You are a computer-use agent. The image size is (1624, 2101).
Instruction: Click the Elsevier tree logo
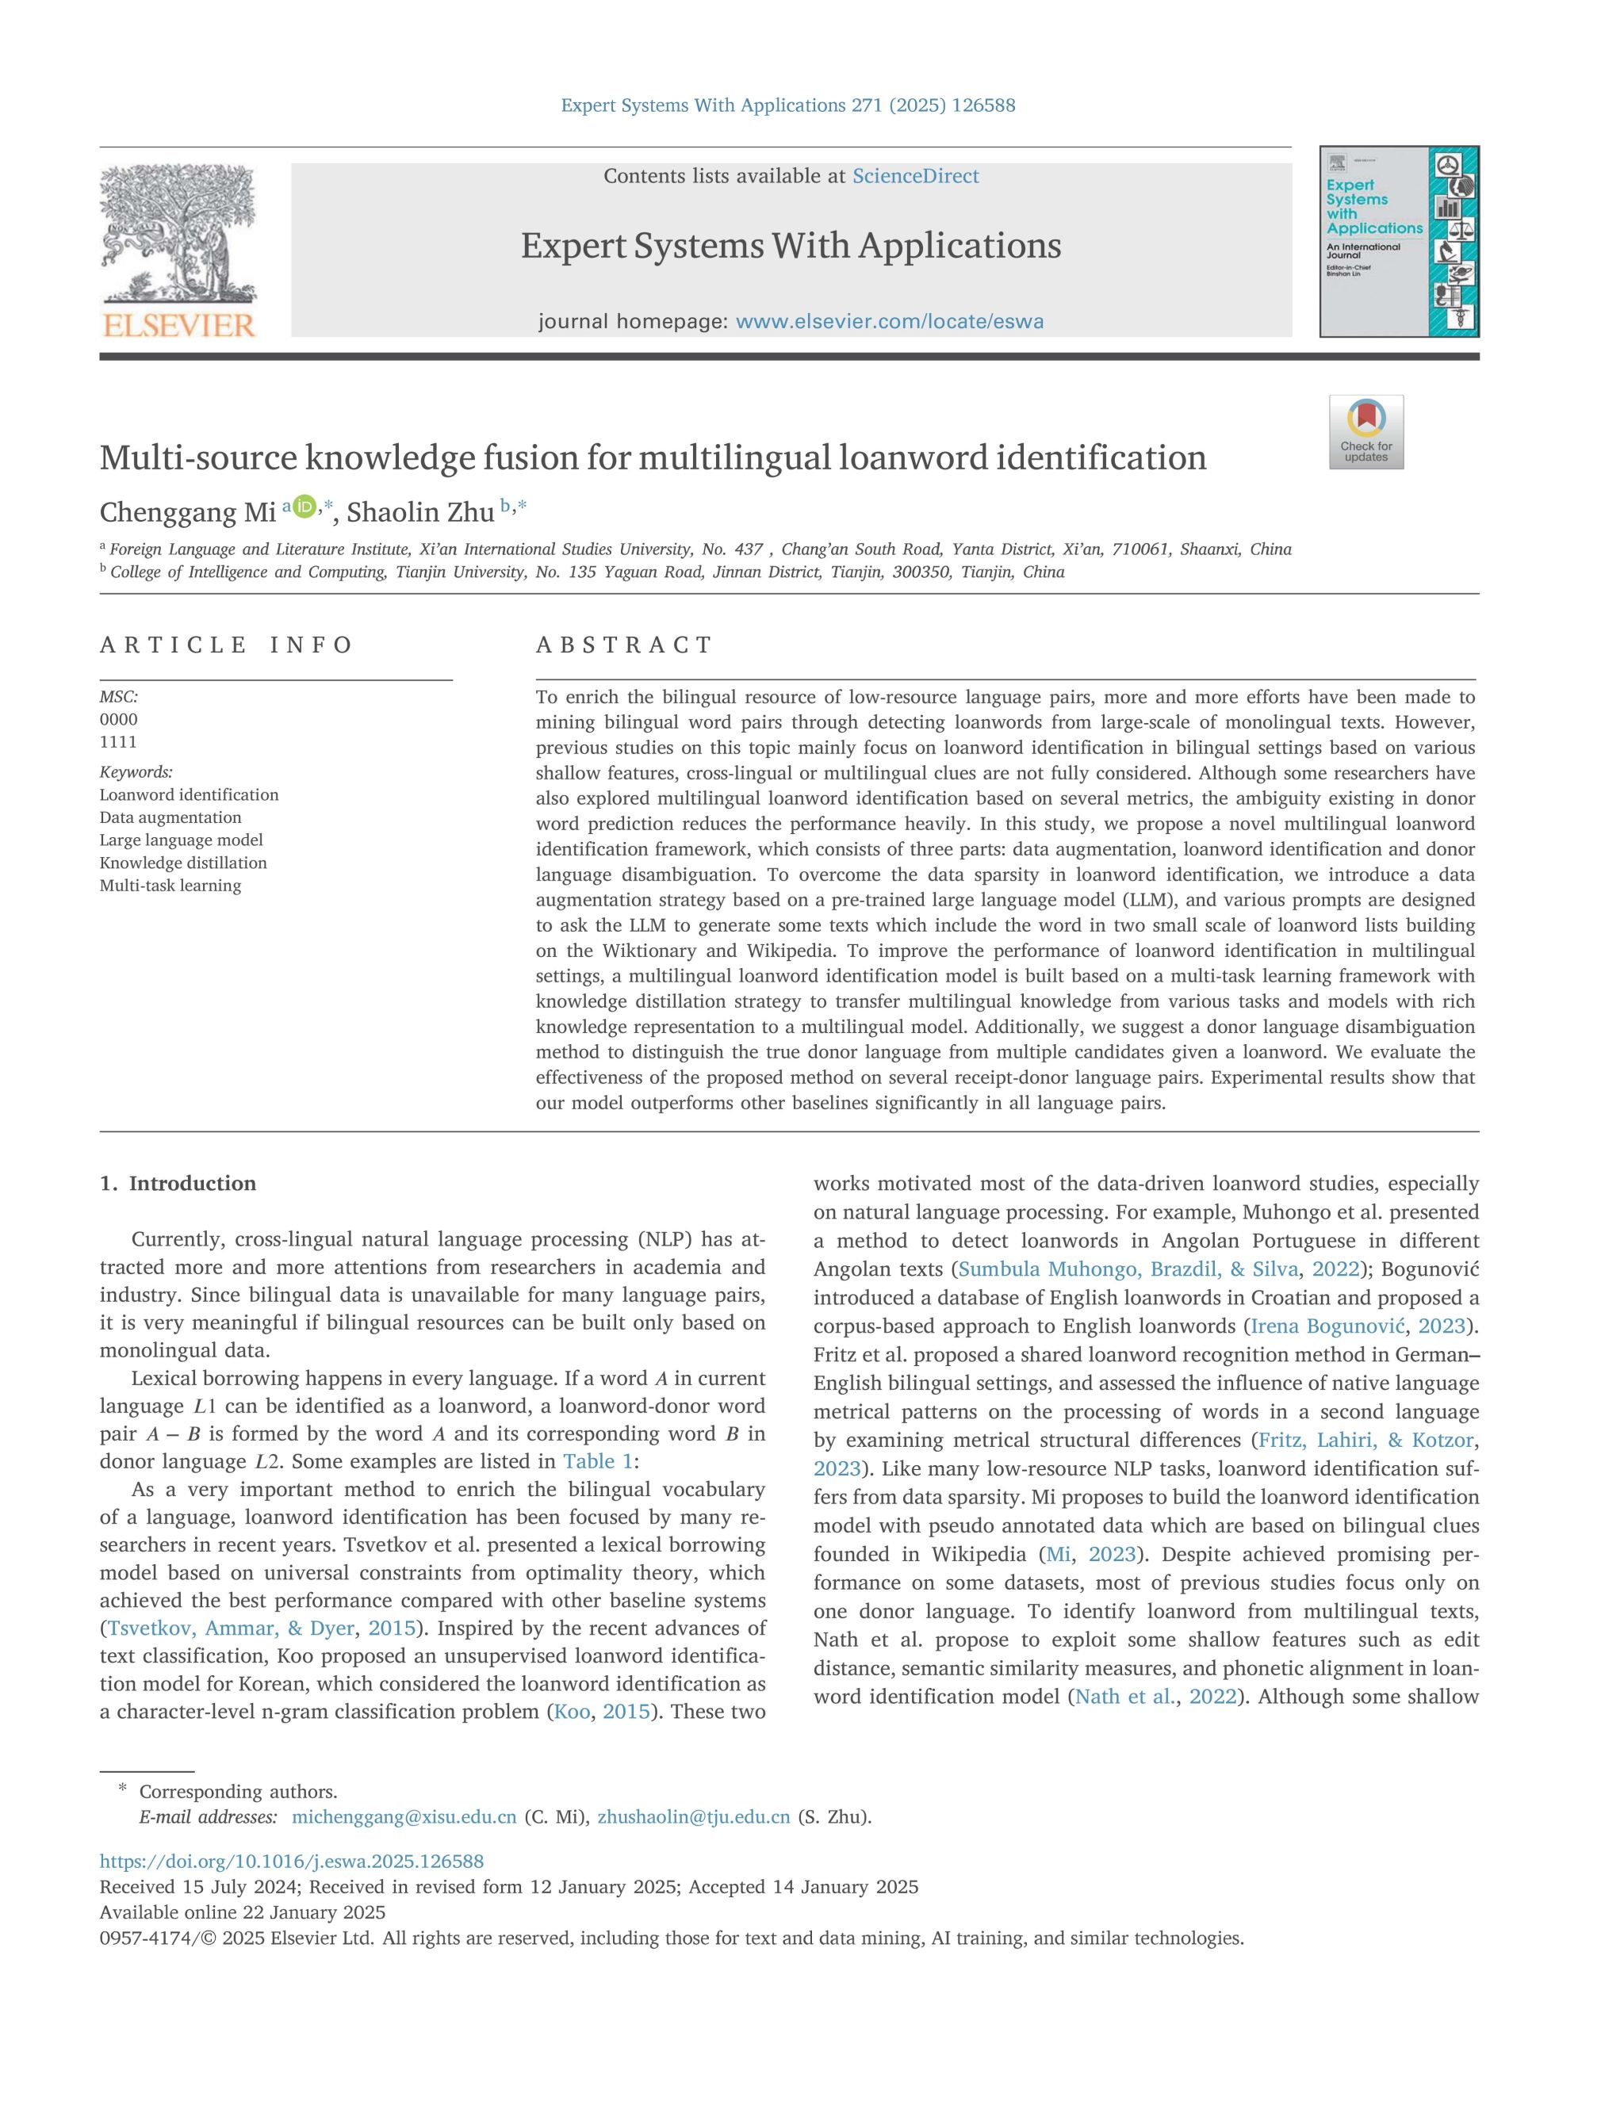click(x=178, y=249)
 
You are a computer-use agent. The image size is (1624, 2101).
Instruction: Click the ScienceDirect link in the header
click(x=915, y=176)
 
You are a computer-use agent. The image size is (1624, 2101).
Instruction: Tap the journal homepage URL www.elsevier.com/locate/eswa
click(x=889, y=321)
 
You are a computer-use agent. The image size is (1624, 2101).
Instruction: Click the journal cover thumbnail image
click(x=1398, y=242)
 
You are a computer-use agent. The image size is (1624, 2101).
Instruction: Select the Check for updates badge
click(x=1365, y=432)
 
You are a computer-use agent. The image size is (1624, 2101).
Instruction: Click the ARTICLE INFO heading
click(x=226, y=645)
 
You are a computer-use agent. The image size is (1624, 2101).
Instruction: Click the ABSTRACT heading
click(x=623, y=645)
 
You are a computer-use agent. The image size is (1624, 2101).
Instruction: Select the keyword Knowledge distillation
click(x=183, y=863)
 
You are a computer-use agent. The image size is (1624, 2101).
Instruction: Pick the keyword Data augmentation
click(x=170, y=817)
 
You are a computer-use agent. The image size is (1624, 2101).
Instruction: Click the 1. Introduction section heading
click(x=178, y=1183)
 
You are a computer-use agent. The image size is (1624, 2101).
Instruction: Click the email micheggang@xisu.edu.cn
click(x=404, y=1817)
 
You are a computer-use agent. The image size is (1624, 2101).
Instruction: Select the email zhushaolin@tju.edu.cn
click(x=694, y=1817)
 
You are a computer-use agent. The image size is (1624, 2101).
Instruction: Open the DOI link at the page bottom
click(x=292, y=1862)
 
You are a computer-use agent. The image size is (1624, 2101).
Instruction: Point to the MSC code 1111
click(x=118, y=742)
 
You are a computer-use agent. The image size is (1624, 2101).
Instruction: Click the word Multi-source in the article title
click(x=198, y=458)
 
